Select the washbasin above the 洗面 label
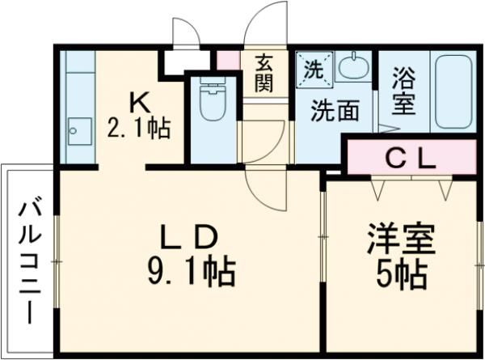coord(352,68)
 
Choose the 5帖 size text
coord(402,276)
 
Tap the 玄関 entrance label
coord(264,73)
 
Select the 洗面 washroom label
coord(335,111)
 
